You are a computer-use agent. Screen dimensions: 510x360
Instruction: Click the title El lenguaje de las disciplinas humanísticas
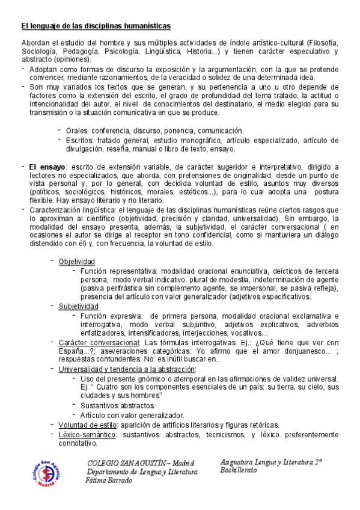96,26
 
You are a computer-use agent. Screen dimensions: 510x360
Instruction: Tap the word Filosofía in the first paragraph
325,44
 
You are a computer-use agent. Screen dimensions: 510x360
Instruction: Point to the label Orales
77,130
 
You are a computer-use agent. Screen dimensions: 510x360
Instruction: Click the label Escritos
80,140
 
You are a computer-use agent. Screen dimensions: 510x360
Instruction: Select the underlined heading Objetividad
76,262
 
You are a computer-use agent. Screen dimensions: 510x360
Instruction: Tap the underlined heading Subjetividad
78,306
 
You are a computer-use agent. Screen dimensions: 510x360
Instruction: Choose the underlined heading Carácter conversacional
98,342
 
